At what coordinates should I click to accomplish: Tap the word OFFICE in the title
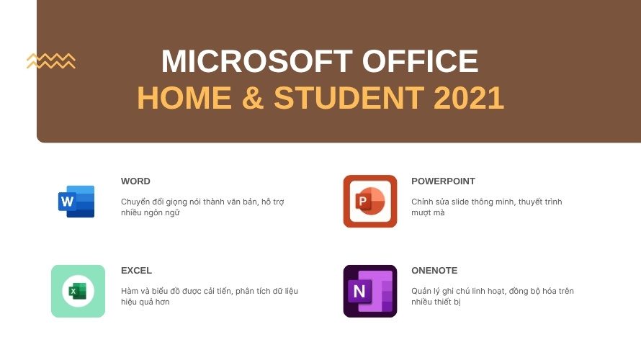point(420,61)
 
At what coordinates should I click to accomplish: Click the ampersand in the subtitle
point(252,99)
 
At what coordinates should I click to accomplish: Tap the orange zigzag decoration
point(51,61)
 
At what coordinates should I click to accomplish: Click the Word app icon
point(76,202)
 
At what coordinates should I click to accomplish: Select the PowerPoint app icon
point(370,202)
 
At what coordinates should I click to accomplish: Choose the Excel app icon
point(78,291)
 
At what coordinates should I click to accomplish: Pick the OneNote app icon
point(370,291)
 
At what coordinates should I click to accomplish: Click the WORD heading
point(135,181)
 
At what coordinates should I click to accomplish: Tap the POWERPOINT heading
point(443,181)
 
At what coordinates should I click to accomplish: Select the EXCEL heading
point(136,271)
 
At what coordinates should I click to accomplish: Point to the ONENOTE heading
point(434,271)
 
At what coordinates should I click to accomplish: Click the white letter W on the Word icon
point(68,202)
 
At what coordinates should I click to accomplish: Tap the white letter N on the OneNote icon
point(357,292)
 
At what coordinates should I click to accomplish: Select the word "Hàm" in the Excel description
point(130,291)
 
